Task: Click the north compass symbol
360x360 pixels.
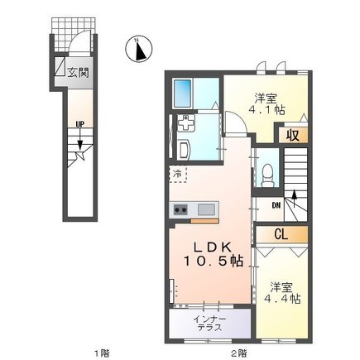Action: (x=138, y=49)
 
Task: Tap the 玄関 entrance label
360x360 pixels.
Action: (x=78, y=72)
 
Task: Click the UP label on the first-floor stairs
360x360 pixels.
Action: (x=80, y=124)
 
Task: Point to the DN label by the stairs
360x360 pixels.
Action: (x=276, y=205)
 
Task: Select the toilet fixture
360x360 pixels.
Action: (x=267, y=175)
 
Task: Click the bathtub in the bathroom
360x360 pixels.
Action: (x=182, y=94)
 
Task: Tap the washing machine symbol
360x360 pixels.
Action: (x=185, y=123)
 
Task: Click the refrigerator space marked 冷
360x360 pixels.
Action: (x=178, y=175)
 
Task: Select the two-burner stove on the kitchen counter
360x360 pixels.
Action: (x=180, y=210)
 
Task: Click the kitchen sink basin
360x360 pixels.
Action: (x=206, y=209)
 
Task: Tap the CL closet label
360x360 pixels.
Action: (x=281, y=234)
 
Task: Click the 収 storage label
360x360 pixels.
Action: (x=292, y=136)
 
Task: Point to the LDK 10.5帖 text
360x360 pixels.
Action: (x=214, y=254)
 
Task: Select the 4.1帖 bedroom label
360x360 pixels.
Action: (x=266, y=104)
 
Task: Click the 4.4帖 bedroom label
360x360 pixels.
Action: (x=282, y=293)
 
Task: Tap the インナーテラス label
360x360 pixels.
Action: (x=209, y=324)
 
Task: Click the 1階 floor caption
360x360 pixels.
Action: (x=101, y=353)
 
